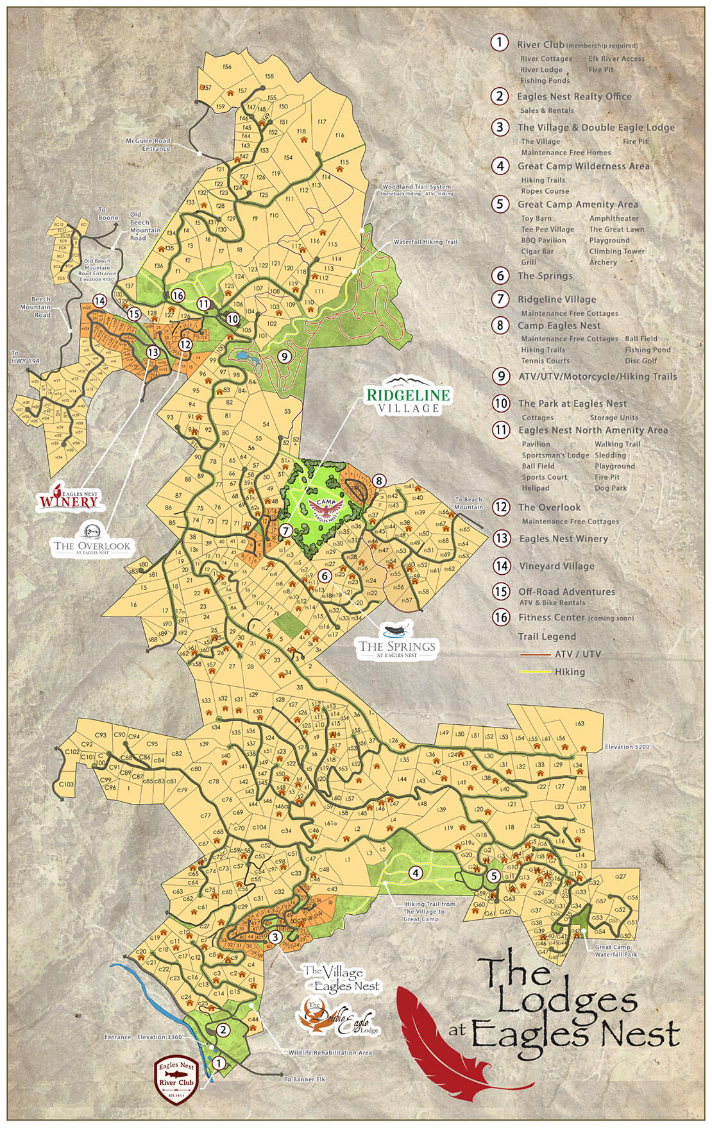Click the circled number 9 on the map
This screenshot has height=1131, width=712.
pyautogui.click(x=284, y=355)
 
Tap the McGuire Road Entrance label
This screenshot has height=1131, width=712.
pyautogui.click(x=148, y=144)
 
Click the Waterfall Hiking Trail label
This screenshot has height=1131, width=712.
pyautogui.click(x=425, y=242)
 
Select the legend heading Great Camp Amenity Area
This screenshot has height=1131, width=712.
pyautogui.click(x=577, y=205)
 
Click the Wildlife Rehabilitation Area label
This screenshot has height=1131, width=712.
pyautogui.click(x=330, y=1053)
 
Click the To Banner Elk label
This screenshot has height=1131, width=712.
pyautogui.click(x=304, y=1079)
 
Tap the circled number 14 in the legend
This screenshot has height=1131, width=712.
pyautogui.click(x=502, y=566)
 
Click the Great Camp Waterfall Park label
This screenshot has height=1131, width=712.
pyautogui.click(x=616, y=950)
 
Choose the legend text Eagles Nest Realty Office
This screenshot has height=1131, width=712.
pyautogui.click(x=574, y=97)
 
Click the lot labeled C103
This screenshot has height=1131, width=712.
pyautogui.click(x=66, y=784)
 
